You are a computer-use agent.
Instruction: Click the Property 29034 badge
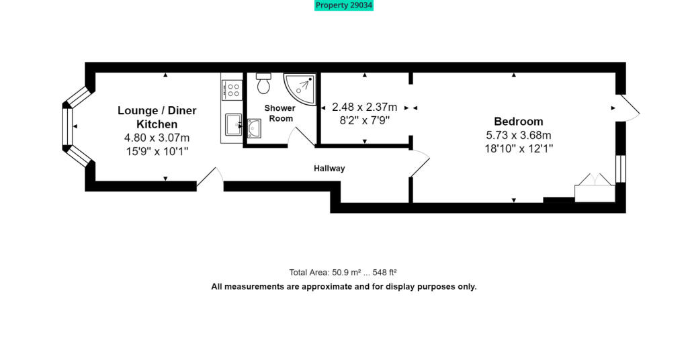click(343, 5)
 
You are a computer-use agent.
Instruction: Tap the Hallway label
click(329, 169)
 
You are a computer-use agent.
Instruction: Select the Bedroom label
click(518, 122)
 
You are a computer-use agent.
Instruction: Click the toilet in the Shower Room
click(263, 83)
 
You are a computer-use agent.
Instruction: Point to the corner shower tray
click(299, 89)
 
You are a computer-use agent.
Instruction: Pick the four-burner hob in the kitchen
click(232, 90)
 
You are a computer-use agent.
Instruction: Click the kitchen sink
click(233, 124)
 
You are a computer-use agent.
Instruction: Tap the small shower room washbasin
click(254, 128)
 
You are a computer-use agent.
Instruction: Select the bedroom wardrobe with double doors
click(595, 189)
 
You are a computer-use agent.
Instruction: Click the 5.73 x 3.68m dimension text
click(518, 136)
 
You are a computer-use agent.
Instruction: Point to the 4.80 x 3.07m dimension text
click(157, 138)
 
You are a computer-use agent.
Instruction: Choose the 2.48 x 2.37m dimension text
click(364, 107)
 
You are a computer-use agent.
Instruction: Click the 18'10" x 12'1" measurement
click(518, 149)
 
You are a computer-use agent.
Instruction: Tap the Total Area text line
click(343, 272)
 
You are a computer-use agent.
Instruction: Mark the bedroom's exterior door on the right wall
click(629, 108)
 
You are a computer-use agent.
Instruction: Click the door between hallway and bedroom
click(419, 164)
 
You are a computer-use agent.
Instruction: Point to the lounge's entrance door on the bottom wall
click(210, 177)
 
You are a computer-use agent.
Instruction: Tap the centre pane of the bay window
click(67, 126)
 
